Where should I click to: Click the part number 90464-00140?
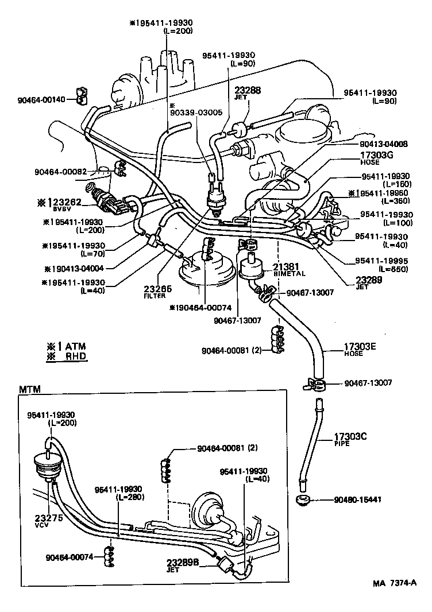coord(41,100)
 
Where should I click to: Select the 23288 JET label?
coord(248,92)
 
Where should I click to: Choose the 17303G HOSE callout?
coord(376,157)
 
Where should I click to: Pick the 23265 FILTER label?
coord(155,292)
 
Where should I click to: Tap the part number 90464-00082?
coord(60,171)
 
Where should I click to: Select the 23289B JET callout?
coord(182,565)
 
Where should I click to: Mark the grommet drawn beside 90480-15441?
coord(303,499)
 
